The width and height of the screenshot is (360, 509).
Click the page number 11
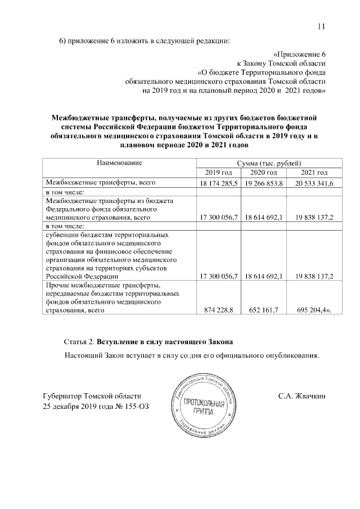coord(321,25)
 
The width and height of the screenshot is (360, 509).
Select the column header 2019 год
coord(217,172)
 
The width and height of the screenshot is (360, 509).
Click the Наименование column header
coord(119,163)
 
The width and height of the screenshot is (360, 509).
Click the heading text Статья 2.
coord(79,342)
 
